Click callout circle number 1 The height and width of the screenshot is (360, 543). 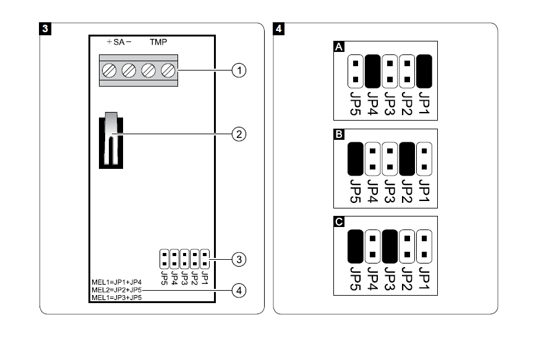[x=239, y=71]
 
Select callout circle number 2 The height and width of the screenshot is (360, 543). [x=239, y=133]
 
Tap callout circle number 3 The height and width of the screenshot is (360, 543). [x=239, y=259]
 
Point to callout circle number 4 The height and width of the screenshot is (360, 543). [x=239, y=289]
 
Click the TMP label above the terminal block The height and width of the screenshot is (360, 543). [x=156, y=43]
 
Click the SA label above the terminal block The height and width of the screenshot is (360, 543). [x=119, y=43]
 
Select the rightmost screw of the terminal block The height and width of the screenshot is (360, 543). [x=167, y=71]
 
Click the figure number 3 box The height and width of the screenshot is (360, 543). [x=45, y=28]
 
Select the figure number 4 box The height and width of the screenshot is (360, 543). [x=280, y=28]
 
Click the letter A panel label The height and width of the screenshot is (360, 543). [x=339, y=47]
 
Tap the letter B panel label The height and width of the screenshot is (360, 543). [x=339, y=135]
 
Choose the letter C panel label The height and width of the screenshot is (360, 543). [x=339, y=222]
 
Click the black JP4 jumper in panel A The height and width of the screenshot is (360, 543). [x=373, y=71]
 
